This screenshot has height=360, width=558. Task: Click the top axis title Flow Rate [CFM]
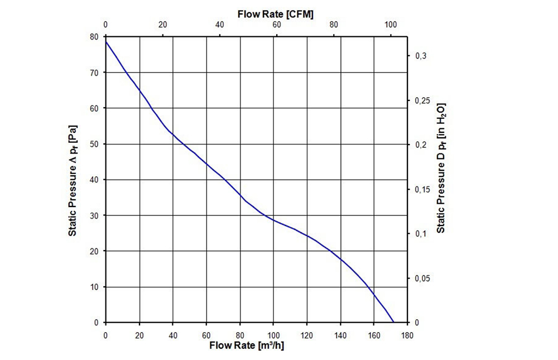[x=275, y=14]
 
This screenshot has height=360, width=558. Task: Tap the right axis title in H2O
[x=441, y=167]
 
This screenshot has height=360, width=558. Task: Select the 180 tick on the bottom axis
[x=407, y=335]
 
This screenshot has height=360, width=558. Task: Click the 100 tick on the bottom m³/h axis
[x=273, y=335]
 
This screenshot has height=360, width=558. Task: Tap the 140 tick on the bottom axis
[x=340, y=335]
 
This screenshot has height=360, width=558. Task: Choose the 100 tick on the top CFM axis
[x=391, y=25]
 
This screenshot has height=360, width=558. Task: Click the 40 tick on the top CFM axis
[x=220, y=25]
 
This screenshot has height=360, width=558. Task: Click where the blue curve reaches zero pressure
[x=394, y=323]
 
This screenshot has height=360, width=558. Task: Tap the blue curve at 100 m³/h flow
[x=273, y=220]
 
